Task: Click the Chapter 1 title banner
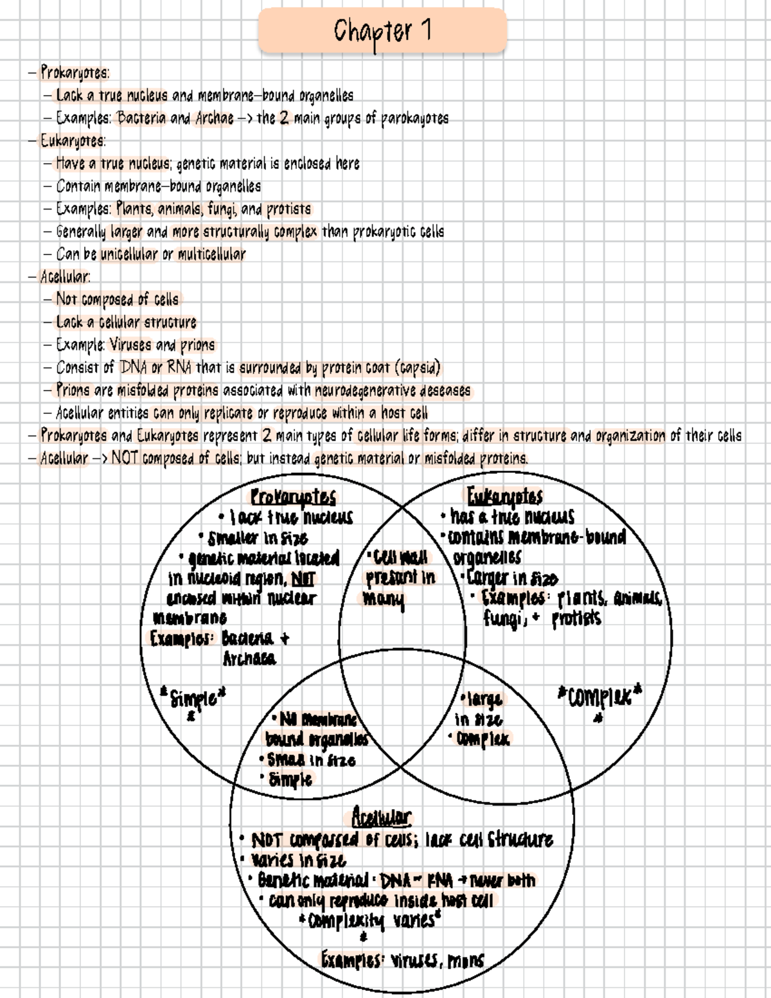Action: (x=382, y=31)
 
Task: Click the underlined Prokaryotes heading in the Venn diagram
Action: (x=293, y=497)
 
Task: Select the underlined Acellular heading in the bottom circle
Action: (x=381, y=817)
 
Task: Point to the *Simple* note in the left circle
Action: (x=193, y=698)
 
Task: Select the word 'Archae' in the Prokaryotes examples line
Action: (x=212, y=118)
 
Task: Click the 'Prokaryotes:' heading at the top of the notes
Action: (x=75, y=73)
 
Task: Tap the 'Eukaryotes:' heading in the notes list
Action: (x=73, y=141)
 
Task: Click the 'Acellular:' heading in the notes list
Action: (x=65, y=277)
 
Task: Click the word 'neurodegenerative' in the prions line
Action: (x=366, y=391)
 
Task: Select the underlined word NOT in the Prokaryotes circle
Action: (x=303, y=578)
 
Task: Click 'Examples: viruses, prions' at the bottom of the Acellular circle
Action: (x=402, y=961)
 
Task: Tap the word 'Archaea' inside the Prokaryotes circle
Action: (x=249, y=659)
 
